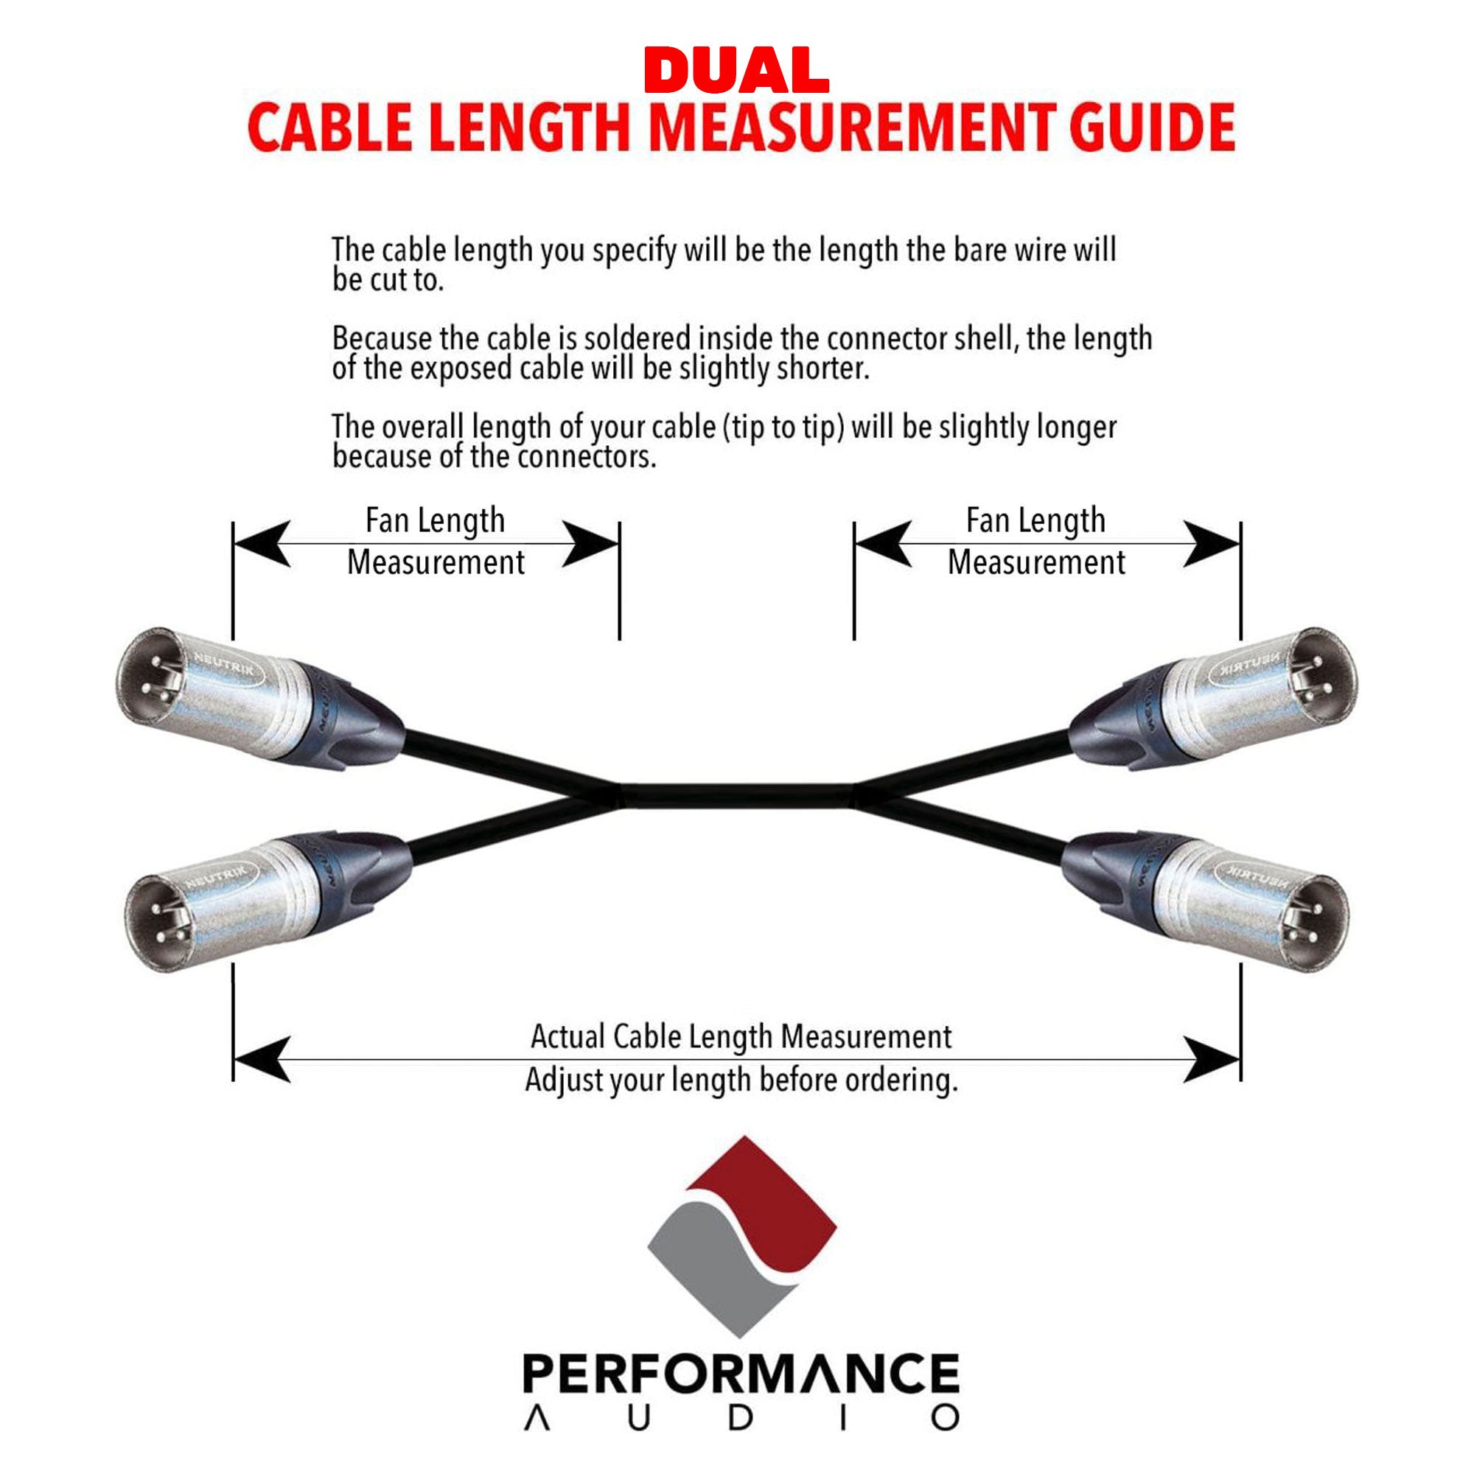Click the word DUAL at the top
tap(736, 71)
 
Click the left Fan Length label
tap(435, 521)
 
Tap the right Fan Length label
tap(1035, 521)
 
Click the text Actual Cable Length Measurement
tap(741, 1037)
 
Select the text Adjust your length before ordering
tap(741, 1080)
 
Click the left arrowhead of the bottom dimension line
tap(263, 1059)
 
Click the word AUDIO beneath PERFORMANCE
tap(740, 1417)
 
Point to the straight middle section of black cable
tap(736, 795)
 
